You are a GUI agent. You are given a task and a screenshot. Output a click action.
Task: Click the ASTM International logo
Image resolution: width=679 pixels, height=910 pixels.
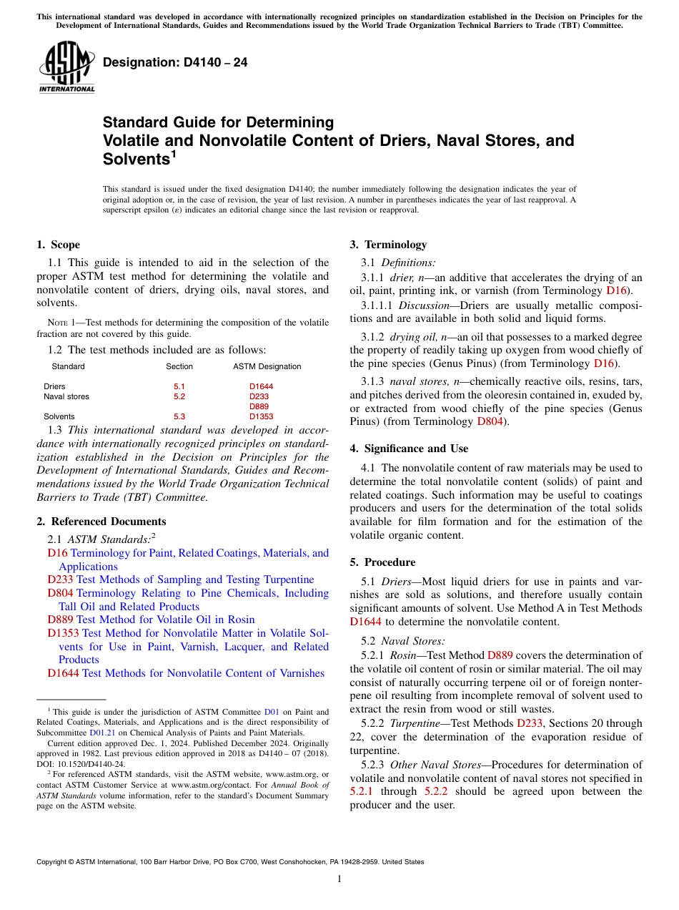(66, 68)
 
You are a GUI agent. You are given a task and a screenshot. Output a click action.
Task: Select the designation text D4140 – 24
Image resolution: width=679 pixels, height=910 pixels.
(175, 63)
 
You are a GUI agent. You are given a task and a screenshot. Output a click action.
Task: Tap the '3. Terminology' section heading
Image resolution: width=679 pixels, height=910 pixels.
(388, 245)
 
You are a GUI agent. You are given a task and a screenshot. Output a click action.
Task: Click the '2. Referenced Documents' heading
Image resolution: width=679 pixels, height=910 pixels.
(101, 522)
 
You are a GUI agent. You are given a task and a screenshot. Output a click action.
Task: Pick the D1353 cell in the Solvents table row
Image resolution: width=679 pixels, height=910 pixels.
(261, 416)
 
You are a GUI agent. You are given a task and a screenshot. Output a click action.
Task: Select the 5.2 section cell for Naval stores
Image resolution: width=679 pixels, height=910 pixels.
(179, 396)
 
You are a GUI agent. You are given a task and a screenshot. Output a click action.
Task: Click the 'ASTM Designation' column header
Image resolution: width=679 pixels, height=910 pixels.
(267, 366)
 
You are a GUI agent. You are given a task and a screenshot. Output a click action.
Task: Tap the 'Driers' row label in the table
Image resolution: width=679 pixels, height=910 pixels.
(54, 386)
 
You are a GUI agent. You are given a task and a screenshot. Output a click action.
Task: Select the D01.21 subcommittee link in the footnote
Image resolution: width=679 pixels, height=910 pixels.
(102, 733)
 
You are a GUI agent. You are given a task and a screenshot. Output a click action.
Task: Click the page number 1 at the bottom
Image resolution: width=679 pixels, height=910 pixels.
(339, 879)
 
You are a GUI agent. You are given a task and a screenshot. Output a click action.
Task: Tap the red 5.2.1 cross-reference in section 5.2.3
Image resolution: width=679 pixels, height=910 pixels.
(362, 791)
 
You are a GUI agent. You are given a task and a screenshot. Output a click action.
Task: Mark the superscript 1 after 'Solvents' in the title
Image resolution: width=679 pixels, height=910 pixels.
(173, 155)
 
